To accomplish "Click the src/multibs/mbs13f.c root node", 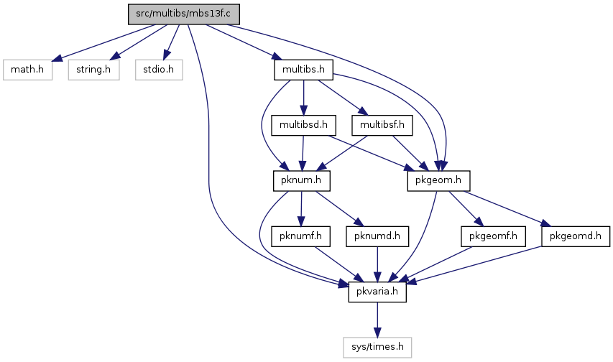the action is pyautogui.click(x=184, y=14).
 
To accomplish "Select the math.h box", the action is pyautogui.click(x=27, y=70).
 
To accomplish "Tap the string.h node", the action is pyautogui.click(x=94, y=70).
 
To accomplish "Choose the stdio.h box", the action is pyautogui.click(x=159, y=70).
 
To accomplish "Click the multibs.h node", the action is pyautogui.click(x=303, y=70).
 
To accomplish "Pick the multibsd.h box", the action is pyautogui.click(x=303, y=126).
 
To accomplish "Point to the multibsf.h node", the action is pyautogui.click(x=382, y=126).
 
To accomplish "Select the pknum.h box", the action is pyautogui.click(x=301, y=181).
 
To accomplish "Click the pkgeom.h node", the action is pyautogui.click(x=438, y=181).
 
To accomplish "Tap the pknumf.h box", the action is pyautogui.click(x=300, y=236).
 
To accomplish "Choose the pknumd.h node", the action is pyautogui.click(x=377, y=236).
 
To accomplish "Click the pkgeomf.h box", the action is pyautogui.click(x=493, y=236).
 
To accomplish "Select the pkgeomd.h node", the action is pyautogui.click(x=576, y=236).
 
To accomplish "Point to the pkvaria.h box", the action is pyautogui.click(x=377, y=292).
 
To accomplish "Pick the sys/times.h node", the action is pyautogui.click(x=377, y=348).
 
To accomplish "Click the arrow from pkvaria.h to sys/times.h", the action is pyautogui.click(x=377, y=320).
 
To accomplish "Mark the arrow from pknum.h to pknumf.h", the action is pyautogui.click(x=301, y=209).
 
